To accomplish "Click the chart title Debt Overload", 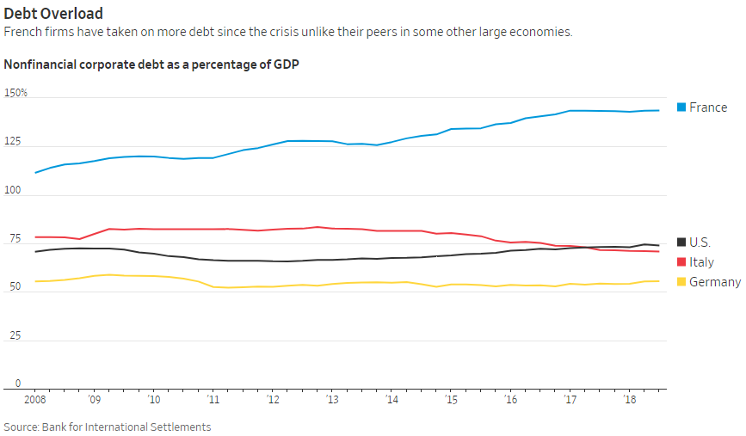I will coord(53,14).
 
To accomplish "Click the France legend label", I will coord(708,107).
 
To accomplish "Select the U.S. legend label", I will coord(700,243).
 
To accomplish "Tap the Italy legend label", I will coord(702,262).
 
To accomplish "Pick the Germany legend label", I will coord(715,282).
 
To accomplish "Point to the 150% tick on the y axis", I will coord(16,92).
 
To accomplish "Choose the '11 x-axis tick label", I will coord(213,400).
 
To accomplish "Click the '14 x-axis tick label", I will coord(391,400).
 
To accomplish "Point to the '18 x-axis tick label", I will coord(629,400).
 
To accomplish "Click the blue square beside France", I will coord(681,107).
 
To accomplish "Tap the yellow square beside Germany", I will coord(681,282).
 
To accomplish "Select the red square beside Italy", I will coord(681,262).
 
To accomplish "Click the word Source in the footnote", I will coord(22,427).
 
